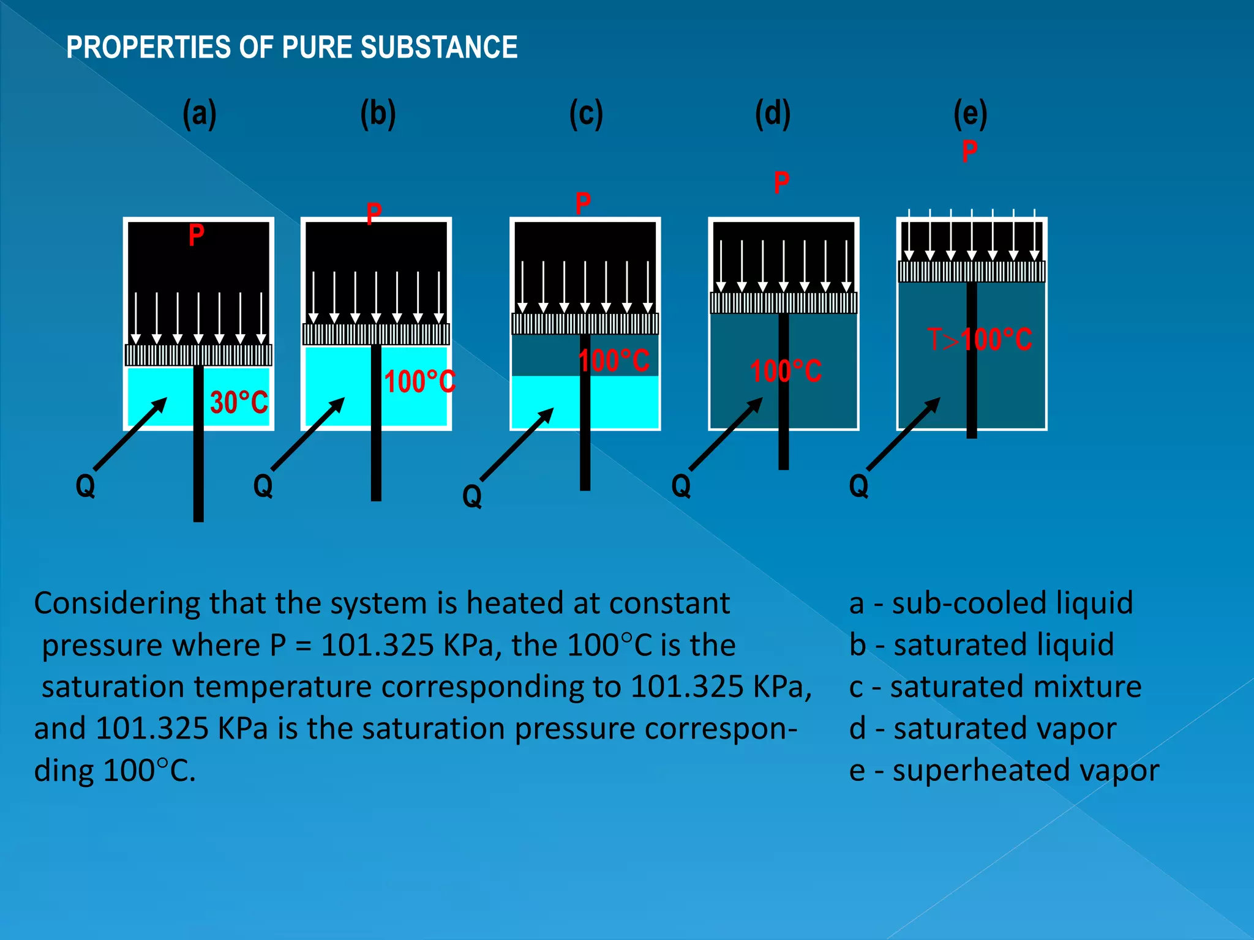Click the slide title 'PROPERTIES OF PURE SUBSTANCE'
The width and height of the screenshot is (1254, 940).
(291, 48)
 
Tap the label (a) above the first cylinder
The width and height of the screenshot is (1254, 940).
(200, 114)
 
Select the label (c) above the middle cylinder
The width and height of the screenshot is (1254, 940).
(586, 114)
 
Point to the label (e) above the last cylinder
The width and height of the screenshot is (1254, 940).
(971, 114)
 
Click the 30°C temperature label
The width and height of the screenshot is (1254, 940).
(239, 402)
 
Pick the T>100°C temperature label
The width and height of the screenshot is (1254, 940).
(980, 340)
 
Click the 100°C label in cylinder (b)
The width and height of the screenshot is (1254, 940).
(420, 382)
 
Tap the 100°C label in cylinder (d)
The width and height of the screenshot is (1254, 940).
(786, 371)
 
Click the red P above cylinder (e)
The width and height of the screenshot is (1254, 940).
(969, 151)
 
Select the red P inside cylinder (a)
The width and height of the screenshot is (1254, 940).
(196, 235)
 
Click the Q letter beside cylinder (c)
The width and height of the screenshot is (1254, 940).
(472, 496)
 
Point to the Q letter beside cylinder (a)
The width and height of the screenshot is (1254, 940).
(86, 486)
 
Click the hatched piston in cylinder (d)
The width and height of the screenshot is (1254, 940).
(784, 303)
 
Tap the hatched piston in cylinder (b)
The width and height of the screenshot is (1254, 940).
(376, 334)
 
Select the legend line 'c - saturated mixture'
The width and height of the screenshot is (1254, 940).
(995, 687)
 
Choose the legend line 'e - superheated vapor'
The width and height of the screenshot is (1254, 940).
(1004, 770)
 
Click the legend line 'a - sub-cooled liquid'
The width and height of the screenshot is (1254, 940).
(991, 603)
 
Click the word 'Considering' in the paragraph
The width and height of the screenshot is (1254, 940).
(116, 603)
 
